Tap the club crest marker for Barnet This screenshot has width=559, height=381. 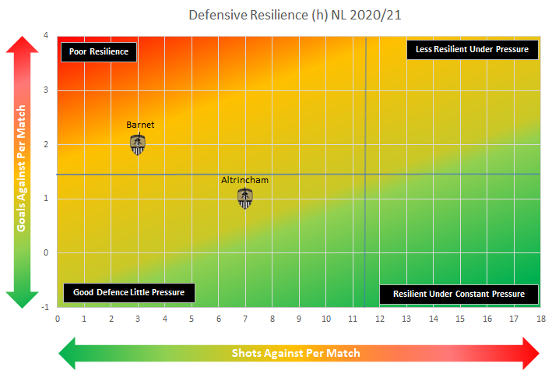pyautogui.click(x=138, y=145)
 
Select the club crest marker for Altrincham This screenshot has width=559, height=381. pyautogui.click(x=245, y=199)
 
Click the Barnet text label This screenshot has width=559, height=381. pyautogui.click(x=138, y=124)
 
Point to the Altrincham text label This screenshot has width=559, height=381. pyautogui.click(x=244, y=180)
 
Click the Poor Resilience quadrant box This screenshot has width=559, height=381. pyautogui.click(x=99, y=51)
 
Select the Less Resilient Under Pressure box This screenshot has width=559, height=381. pyautogui.click(x=472, y=49)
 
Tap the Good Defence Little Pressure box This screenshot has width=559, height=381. pyautogui.click(x=129, y=292)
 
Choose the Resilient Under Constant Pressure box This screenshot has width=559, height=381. pyautogui.click(x=459, y=294)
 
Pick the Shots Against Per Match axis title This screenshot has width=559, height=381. pyautogui.click(x=296, y=353)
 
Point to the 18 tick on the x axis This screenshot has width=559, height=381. pyautogui.click(x=540, y=318)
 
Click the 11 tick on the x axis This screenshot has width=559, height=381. pyautogui.click(x=353, y=318)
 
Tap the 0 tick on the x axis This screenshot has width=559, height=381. pyautogui.click(x=57, y=318)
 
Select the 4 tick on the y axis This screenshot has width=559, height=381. pyautogui.click(x=47, y=36)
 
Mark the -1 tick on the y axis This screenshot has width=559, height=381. pyautogui.click(x=45, y=306)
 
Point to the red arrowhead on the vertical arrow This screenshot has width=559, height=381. pyautogui.click(x=23, y=46)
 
